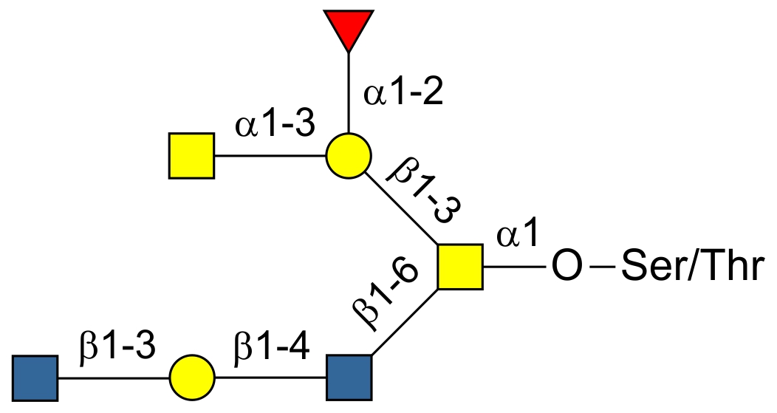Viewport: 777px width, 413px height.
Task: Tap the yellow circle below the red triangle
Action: (347, 157)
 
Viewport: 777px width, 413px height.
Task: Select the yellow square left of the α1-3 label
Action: (191, 157)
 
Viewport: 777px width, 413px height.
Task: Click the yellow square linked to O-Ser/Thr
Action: (460, 267)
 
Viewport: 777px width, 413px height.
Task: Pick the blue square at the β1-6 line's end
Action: (349, 378)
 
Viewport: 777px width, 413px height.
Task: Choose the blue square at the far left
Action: (35, 378)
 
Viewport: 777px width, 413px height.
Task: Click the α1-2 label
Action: (403, 95)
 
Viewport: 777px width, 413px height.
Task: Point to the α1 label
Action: (519, 236)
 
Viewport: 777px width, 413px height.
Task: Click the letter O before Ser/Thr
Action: (567, 267)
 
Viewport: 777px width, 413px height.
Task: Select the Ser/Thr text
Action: (691, 267)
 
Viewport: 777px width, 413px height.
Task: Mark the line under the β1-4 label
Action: (270, 378)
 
